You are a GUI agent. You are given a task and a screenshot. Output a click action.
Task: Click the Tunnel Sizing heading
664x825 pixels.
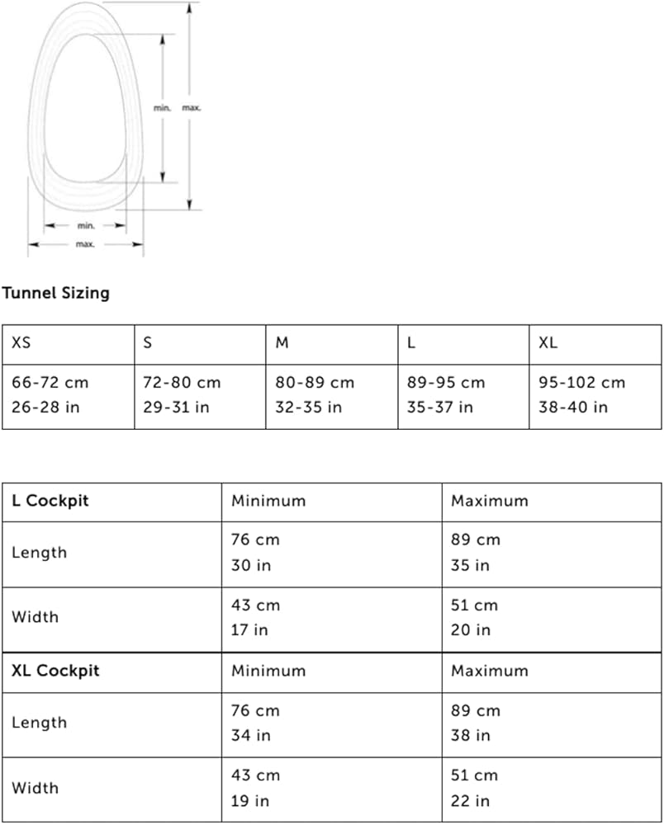(x=55, y=293)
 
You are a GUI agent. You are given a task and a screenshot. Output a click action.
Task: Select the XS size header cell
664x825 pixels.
(x=21, y=343)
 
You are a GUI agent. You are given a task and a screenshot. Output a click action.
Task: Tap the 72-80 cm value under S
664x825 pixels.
(x=182, y=383)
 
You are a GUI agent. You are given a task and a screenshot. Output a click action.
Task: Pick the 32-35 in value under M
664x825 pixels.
(x=308, y=408)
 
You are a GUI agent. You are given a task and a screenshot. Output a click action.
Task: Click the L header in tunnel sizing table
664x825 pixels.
(x=411, y=343)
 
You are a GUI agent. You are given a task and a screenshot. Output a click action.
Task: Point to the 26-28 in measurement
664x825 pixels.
(x=45, y=408)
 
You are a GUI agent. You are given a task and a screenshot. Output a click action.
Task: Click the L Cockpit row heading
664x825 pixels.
(x=50, y=501)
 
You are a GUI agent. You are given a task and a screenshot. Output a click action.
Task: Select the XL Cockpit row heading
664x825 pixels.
(x=55, y=671)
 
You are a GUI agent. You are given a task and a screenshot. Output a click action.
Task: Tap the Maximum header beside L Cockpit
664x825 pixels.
(x=489, y=501)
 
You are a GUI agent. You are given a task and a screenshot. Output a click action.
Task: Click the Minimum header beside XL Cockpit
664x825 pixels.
(x=268, y=671)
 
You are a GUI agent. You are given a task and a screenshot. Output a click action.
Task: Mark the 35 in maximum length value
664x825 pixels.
(x=470, y=565)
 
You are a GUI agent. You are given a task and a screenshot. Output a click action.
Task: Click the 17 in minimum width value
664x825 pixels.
(x=249, y=630)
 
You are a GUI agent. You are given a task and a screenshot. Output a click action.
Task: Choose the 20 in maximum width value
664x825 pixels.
(x=470, y=630)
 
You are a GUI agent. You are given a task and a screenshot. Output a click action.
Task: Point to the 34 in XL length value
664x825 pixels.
(x=250, y=735)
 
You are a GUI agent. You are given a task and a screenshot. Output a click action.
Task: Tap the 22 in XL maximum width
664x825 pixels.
(x=470, y=801)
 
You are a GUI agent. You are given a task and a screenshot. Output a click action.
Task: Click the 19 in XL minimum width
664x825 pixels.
(x=249, y=801)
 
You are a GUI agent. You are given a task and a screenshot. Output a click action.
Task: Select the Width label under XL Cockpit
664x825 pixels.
(x=35, y=788)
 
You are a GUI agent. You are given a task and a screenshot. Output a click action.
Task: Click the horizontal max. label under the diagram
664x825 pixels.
(x=85, y=244)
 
